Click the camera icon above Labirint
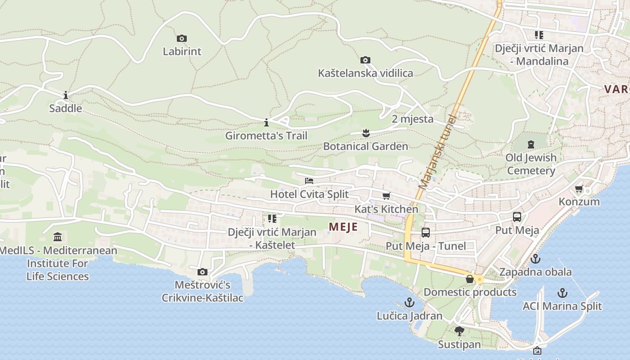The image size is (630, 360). click(182, 39)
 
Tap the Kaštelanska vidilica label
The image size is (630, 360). click(365, 73)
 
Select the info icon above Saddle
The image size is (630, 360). click(66, 95)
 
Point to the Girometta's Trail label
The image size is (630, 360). click(266, 135)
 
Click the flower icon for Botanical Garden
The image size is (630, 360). click(365, 133)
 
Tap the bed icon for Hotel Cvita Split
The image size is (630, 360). click(309, 181)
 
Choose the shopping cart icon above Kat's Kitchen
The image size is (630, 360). click(386, 196)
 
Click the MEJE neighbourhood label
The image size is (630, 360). click(343, 227)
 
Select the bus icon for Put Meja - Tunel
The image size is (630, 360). click(426, 233)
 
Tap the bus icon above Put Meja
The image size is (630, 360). click(517, 217)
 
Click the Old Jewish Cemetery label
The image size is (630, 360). click(531, 164)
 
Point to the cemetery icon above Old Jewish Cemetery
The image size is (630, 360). click(531, 144)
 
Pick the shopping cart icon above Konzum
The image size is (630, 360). click(579, 189)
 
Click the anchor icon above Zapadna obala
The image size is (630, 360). click(535, 259)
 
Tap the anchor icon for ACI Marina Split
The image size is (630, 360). click(562, 293)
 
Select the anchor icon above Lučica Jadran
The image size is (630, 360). click(409, 302)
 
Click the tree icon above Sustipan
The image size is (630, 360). click(459, 332)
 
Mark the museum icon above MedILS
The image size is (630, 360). click(58, 237)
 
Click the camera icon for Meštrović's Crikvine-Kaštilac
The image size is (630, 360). click(202, 272)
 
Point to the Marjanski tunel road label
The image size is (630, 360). click(437, 152)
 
